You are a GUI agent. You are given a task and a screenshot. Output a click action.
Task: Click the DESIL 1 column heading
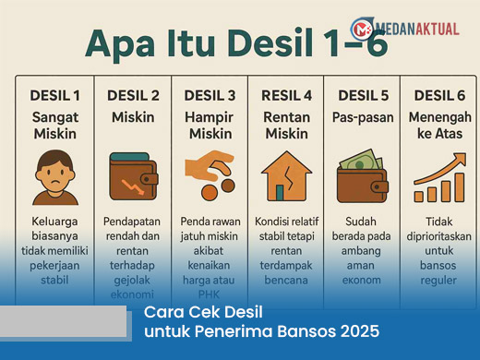coord(54,95)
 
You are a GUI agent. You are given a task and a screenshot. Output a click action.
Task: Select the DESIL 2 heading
coord(133,95)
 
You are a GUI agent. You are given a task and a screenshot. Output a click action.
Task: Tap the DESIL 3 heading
coord(210,95)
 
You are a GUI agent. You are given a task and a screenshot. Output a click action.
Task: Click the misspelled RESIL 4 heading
coord(286,95)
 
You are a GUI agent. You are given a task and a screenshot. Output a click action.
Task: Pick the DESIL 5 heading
coord(364,95)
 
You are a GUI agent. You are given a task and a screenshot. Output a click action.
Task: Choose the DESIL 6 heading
coord(439,95)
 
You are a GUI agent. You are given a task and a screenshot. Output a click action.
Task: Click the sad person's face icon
coord(54,176)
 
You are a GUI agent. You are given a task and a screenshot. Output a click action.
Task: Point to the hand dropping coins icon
coord(210,174)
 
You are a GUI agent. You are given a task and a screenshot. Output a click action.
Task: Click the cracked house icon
coord(286,174)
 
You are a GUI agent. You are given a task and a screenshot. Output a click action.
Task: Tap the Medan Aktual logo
coord(404,28)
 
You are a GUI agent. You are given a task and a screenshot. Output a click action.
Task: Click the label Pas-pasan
coord(364,117)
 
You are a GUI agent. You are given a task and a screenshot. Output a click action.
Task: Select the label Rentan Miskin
coord(286,126)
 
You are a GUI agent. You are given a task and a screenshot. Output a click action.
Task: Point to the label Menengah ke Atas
coord(439,126)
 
